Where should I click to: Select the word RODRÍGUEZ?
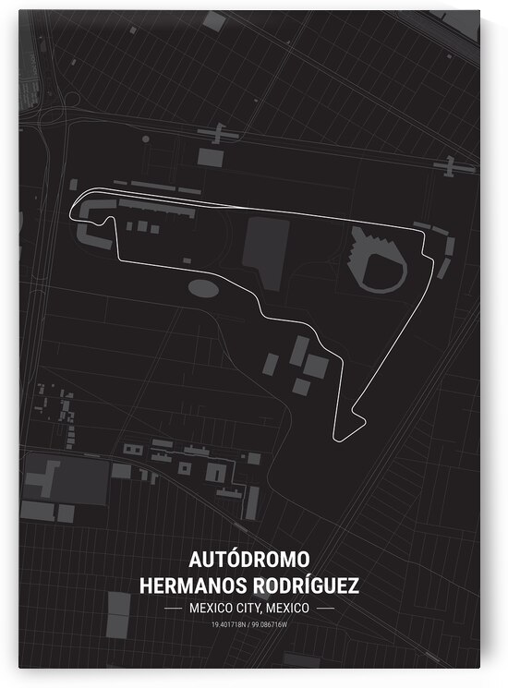click(306, 585)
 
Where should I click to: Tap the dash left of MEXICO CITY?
click(173, 610)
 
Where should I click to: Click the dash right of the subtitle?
click(324, 610)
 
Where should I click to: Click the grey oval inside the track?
click(204, 287)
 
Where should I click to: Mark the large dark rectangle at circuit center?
click(264, 249)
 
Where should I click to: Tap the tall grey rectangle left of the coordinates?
click(119, 610)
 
